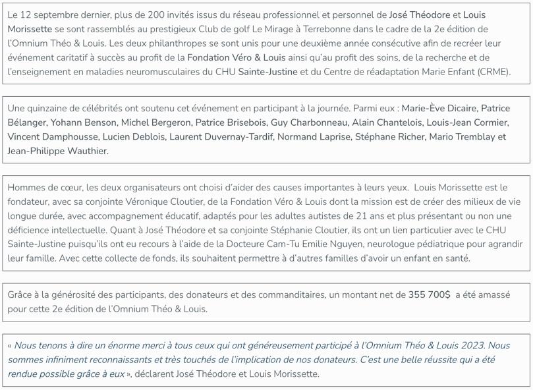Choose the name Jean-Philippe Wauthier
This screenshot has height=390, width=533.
point(58,151)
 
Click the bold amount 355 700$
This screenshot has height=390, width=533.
point(429,294)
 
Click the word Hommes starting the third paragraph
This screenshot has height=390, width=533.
point(26,188)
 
